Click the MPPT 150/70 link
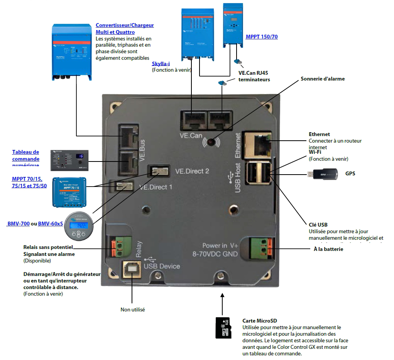point(262,37)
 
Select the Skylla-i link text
point(161,64)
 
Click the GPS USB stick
point(322,174)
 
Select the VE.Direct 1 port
point(122,187)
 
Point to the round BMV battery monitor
point(78,226)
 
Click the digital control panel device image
point(70,160)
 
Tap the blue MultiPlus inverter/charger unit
point(72,52)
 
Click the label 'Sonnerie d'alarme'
point(323,79)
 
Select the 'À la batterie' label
point(328,249)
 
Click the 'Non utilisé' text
point(132,310)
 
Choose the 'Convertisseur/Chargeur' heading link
point(125,25)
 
